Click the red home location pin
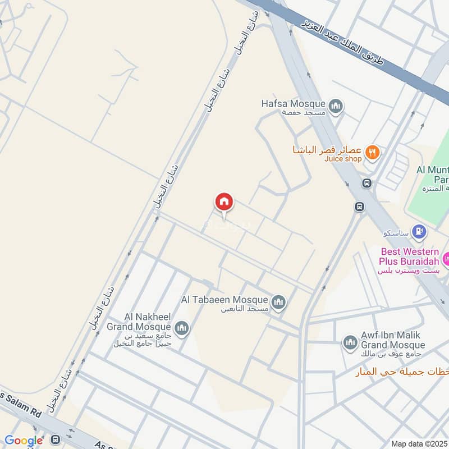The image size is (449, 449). coord(224,202)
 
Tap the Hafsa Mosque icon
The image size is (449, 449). coord(336,106)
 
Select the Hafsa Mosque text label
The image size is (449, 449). coord(293,104)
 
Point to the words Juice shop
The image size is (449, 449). coord(343,159)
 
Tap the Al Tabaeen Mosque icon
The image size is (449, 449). coord(278,303)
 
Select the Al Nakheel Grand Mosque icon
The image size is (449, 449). coord(182,328)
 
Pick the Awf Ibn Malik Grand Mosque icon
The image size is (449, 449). coord(350,342)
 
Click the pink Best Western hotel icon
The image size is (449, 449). coord(445,259)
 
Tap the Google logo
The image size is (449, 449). coord(24,441)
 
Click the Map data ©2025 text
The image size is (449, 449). coord(419,444)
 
